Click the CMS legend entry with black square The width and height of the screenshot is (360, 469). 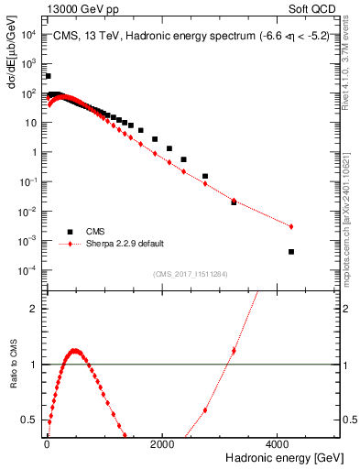92,232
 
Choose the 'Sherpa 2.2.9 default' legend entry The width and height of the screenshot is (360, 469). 119,244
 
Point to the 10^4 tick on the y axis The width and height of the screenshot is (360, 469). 29,35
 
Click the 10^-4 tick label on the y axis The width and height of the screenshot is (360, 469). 29,270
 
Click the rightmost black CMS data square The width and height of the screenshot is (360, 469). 291,252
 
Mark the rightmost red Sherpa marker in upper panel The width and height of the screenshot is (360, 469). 291,226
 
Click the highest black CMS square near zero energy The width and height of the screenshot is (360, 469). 48,76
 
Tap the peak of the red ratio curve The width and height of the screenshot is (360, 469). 75,350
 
